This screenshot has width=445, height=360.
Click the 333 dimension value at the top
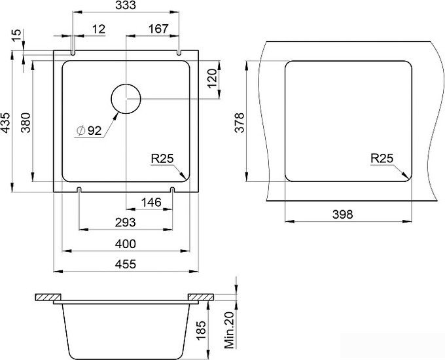[126, 5]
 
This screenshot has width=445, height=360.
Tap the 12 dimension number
[99, 29]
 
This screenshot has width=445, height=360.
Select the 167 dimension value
[158, 29]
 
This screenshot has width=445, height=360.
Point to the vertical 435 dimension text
[6, 122]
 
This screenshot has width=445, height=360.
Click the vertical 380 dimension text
[26, 122]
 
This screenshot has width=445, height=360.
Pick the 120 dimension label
[212, 79]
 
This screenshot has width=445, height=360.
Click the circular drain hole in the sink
[126, 99]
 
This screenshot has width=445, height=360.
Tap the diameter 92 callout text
[89, 131]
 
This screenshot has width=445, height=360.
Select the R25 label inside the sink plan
[162, 158]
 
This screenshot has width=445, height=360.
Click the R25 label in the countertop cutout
[382, 158]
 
